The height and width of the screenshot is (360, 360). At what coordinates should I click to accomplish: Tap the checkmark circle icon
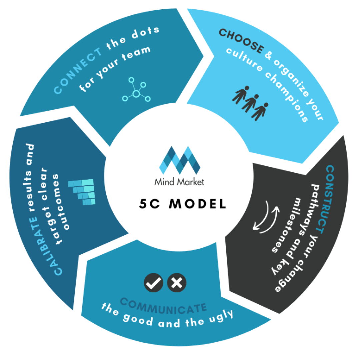[x=153, y=283]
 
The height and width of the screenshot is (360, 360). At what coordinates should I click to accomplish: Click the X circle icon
[x=176, y=283]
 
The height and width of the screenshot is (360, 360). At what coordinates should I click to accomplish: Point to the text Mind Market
[x=179, y=182]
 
